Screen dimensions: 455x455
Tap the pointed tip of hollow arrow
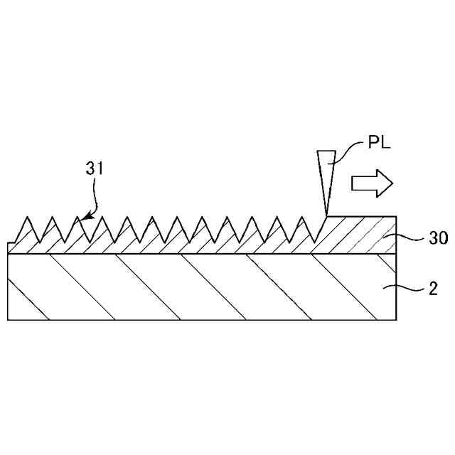click(392, 183)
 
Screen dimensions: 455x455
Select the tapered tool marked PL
click(326, 178)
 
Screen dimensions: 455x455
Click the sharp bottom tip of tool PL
click(326, 215)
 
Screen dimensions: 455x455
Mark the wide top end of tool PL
click(326, 153)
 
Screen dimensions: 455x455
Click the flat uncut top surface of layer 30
click(363, 217)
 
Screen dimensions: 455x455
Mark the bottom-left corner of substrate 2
click(8, 319)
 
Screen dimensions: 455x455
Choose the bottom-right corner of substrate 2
click(396, 319)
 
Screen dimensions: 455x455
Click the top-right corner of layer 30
click(396, 217)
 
